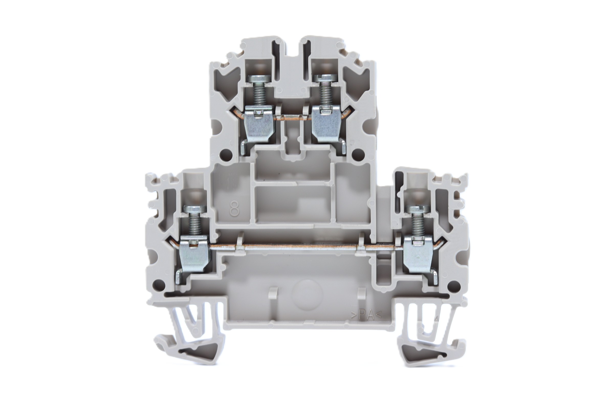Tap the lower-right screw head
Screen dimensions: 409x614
pos(420,209)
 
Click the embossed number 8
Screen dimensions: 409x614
pos(235,208)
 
